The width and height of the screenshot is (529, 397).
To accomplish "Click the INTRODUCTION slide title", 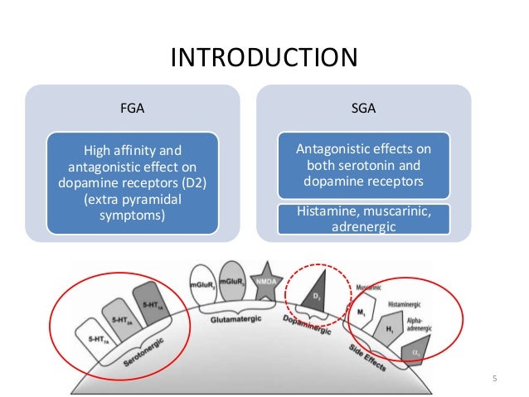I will (x=264, y=58).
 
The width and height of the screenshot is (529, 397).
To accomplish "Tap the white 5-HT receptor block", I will (x=94, y=335).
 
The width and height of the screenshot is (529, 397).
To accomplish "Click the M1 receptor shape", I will (x=362, y=313).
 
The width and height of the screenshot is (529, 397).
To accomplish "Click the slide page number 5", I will (x=494, y=380).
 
